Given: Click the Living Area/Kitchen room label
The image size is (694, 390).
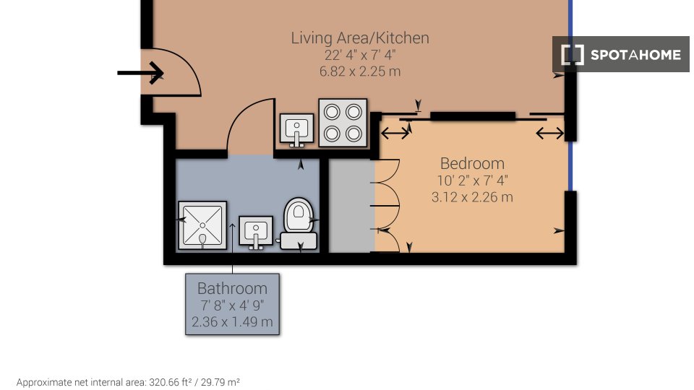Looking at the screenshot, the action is (x=360, y=38).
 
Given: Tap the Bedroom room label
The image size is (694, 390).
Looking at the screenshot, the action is (x=472, y=164).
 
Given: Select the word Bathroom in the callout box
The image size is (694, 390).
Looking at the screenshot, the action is (x=232, y=289).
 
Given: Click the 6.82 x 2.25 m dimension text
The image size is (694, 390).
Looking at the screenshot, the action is (x=360, y=71).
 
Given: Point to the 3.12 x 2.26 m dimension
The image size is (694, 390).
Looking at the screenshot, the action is (x=472, y=196).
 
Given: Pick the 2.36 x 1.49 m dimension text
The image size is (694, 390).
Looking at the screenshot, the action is (x=232, y=322).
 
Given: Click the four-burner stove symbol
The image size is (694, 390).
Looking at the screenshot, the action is (x=343, y=123).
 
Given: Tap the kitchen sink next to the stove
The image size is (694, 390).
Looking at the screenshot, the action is (x=297, y=130).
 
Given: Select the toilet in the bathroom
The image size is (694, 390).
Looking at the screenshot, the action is (x=298, y=224).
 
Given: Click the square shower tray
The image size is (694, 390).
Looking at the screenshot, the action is (x=202, y=225).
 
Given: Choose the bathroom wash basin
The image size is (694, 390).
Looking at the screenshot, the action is (x=256, y=232).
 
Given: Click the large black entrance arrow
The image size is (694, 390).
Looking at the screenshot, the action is (x=141, y=72).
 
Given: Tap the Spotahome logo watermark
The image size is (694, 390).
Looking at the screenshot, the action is (x=621, y=54).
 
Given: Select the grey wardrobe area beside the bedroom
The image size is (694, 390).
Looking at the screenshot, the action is (x=351, y=206).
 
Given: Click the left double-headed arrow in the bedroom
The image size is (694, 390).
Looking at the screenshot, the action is (x=395, y=133).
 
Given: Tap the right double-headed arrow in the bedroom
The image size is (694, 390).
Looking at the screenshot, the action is (x=549, y=133).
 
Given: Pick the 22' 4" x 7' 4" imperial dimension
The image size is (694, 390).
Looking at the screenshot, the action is (x=360, y=56).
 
